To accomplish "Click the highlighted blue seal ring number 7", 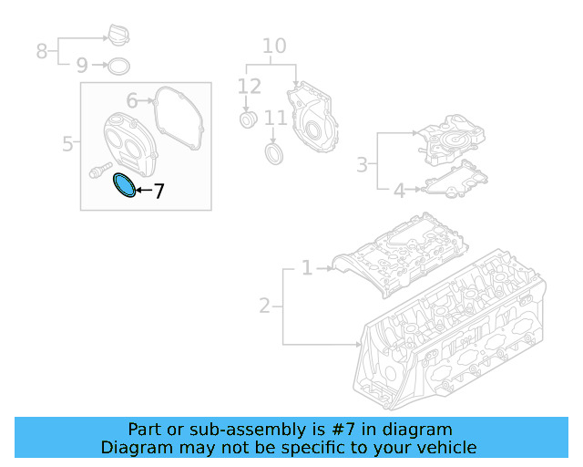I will point(123,185).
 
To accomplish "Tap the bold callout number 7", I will point(159,192).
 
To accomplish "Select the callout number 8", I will point(42,51).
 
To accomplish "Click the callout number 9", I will point(82,66).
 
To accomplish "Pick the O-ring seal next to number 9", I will point(118,66).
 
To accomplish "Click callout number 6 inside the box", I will point(132,100).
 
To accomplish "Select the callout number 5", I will point(67,144).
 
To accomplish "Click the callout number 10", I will point(273,47).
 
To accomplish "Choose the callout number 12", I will point(249,88).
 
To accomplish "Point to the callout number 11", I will point(275,118).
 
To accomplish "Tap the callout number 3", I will point(362,165).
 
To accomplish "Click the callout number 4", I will point(398,191).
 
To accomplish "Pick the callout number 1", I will point(307,268).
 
